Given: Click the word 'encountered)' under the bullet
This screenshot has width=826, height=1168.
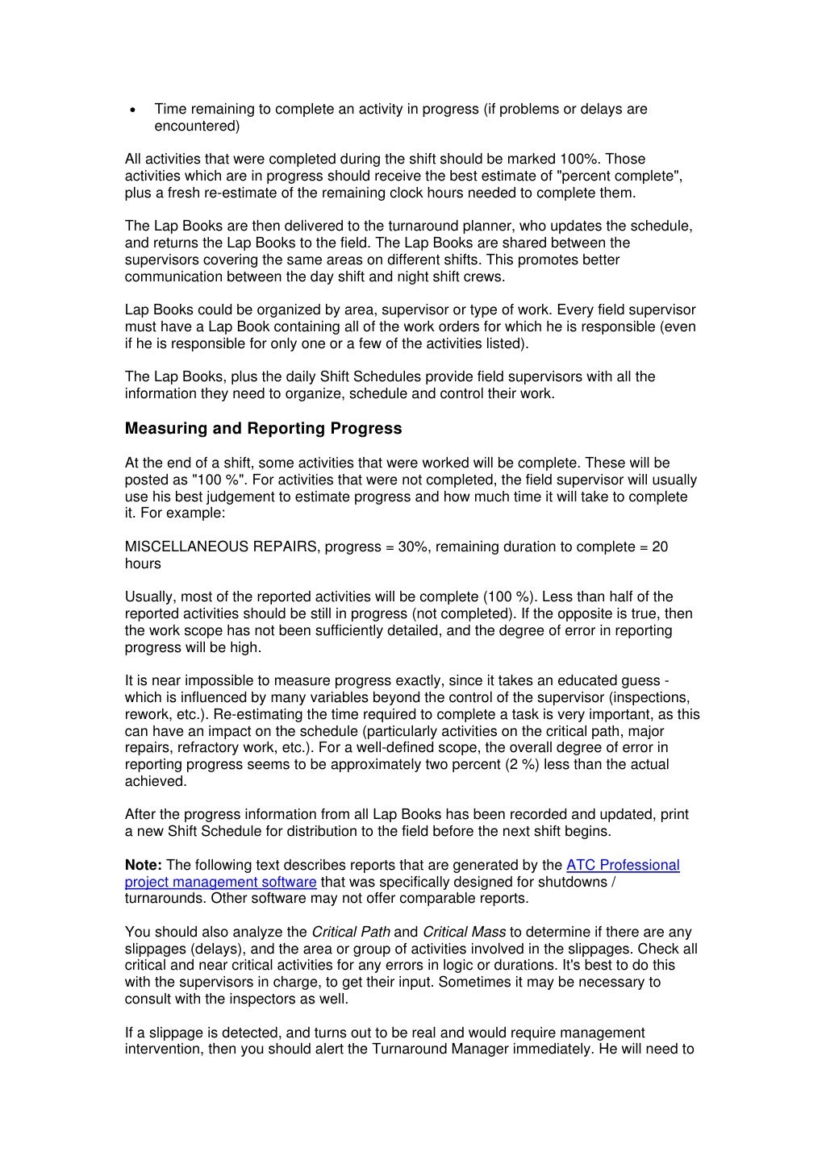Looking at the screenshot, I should (197, 127).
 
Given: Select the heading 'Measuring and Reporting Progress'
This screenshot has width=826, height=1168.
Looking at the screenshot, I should (263, 429).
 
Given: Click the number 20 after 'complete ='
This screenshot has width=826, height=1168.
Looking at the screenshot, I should (660, 547).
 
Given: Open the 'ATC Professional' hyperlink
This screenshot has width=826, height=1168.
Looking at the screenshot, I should (623, 865).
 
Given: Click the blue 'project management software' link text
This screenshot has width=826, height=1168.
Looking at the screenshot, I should (220, 882).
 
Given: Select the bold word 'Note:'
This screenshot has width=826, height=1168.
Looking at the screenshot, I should (144, 865).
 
